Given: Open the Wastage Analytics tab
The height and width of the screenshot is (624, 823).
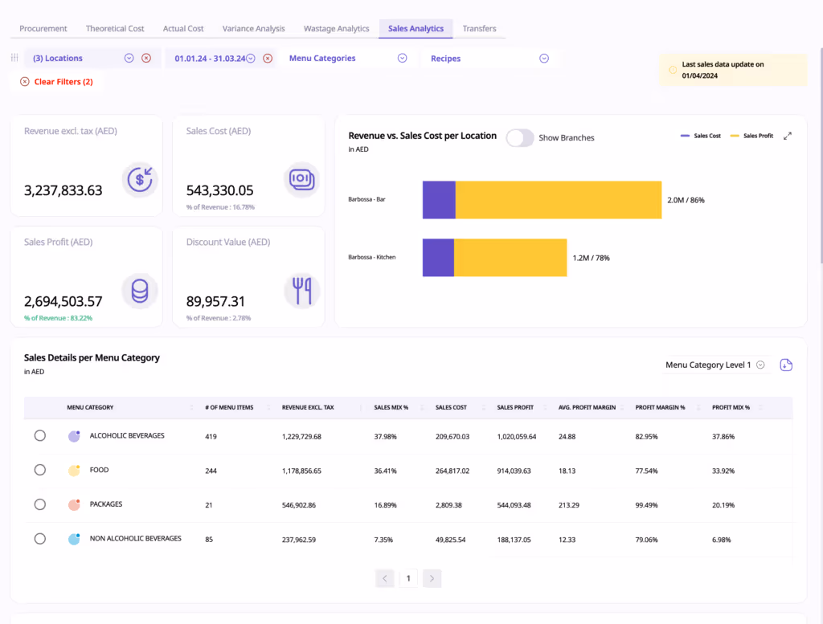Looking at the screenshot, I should pyautogui.click(x=336, y=29).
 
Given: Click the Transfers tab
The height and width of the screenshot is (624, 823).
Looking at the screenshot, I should pyautogui.click(x=479, y=29).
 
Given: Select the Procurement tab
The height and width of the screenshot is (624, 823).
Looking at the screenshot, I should pyautogui.click(x=43, y=29).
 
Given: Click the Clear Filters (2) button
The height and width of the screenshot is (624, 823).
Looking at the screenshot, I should pyautogui.click(x=57, y=82).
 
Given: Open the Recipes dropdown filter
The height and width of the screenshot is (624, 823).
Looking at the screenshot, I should pyautogui.click(x=489, y=59).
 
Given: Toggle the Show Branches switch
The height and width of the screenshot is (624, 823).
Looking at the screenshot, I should pyautogui.click(x=520, y=138).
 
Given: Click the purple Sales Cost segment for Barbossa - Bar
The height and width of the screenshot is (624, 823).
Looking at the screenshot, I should pyautogui.click(x=439, y=200).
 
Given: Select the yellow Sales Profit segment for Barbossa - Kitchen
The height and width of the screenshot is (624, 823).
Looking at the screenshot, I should pyautogui.click(x=510, y=257).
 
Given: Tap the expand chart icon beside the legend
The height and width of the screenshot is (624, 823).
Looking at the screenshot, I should pyautogui.click(x=788, y=137).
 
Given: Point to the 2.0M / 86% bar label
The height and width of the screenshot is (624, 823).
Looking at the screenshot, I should pyautogui.click(x=686, y=200).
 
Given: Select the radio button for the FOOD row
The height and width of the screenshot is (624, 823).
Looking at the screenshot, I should pyautogui.click(x=40, y=470).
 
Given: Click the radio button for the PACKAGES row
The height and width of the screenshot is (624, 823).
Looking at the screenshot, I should pyautogui.click(x=40, y=504).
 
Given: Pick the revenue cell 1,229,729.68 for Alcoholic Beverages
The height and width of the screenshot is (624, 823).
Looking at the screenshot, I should pyautogui.click(x=301, y=437).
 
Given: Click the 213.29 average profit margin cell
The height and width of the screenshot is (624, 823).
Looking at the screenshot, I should pyautogui.click(x=569, y=505).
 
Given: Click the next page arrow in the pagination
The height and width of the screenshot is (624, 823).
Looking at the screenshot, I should pyautogui.click(x=432, y=578).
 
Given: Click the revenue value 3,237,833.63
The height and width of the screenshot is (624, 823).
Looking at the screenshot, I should pyautogui.click(x=63, y=190).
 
